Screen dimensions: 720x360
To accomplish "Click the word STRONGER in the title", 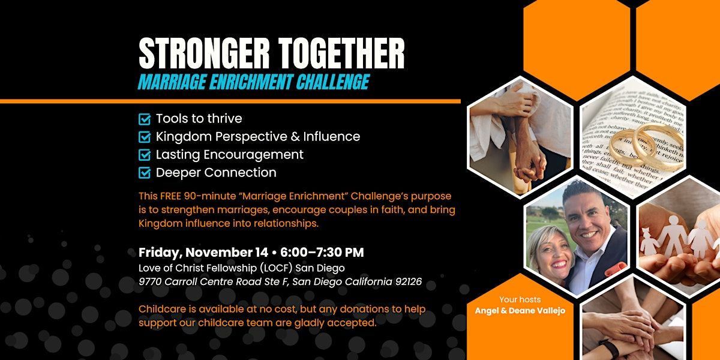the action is point(204,53).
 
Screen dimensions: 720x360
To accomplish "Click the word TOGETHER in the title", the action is point(341,53).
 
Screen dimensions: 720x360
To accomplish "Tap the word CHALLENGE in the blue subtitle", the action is point(332,82).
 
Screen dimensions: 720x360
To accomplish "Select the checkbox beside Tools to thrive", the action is point(145,119).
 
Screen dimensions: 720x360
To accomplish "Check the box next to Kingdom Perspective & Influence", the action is point(145,137).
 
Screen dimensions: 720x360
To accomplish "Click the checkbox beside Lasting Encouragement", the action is point(145,155).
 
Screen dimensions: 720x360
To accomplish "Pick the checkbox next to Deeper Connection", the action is point(145,173).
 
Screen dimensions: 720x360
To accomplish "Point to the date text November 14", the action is point(227,253).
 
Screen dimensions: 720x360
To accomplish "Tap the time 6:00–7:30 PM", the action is point(322,253).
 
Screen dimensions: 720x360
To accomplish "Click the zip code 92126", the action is point(409,281).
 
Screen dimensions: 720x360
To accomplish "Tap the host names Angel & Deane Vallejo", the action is point(520,311).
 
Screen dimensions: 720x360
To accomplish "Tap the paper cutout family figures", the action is point(678,238).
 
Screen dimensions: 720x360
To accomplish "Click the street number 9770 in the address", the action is point(151,281).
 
